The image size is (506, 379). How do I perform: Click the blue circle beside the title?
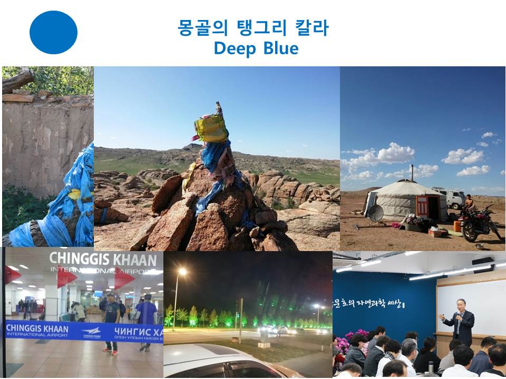coord(53,32)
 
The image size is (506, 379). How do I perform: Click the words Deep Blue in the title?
coord(256,48)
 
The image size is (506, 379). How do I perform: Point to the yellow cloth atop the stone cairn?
coord(211,128)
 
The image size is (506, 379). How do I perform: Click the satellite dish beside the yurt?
coord(375,213)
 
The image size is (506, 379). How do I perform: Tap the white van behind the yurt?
coord(451,198)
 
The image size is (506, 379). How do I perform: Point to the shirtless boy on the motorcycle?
coord(468,203)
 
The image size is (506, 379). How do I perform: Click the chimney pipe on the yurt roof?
coord(412,172)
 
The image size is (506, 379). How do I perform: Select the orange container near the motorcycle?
coord(457,226)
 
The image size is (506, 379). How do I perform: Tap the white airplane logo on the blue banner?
coord(91,331)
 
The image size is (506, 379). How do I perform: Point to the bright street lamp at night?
coord(182,272)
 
